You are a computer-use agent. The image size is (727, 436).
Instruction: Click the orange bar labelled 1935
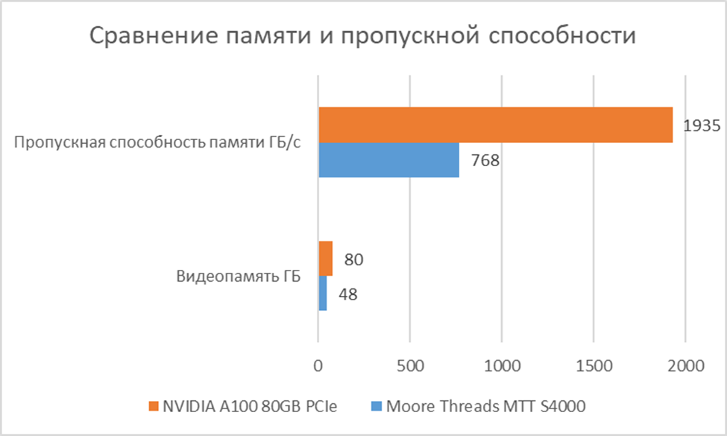pos(495,124)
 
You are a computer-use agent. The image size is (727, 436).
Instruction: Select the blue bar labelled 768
pos(388,159)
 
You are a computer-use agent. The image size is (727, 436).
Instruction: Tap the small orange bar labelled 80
pos(325,259)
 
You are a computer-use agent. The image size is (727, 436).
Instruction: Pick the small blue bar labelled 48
pos(322,294)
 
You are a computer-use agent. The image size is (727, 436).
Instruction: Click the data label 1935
pos(701,125)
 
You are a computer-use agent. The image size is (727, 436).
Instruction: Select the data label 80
pos(353,259)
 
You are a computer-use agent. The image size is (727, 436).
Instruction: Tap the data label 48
pos(347,294)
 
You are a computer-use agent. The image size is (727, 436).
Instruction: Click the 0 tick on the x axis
pos(318,366)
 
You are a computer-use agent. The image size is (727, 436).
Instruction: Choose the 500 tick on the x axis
pos(410,366)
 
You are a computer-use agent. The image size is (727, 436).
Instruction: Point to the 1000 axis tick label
pos(502,366)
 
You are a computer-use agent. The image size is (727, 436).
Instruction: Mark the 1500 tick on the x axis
pos(594,366)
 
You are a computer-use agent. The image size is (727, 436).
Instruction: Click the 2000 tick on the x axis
pos(685,366)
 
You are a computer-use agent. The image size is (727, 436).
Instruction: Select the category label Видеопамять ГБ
pos(239,277)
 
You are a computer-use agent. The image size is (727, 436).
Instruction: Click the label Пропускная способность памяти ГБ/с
pos(158,142)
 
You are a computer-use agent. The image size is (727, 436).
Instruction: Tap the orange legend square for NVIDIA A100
pos(154,406)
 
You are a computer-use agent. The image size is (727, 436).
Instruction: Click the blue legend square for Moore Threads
pos(376,406)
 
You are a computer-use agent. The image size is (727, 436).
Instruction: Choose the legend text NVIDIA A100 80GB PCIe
pos(251,406)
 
